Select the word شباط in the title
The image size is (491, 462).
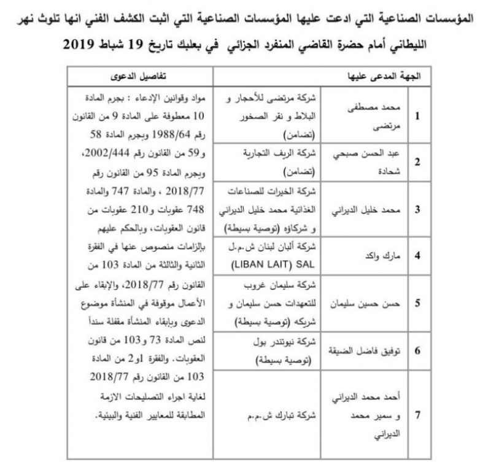[x=126, y=44]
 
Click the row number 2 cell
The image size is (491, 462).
[x=417, y=162]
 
